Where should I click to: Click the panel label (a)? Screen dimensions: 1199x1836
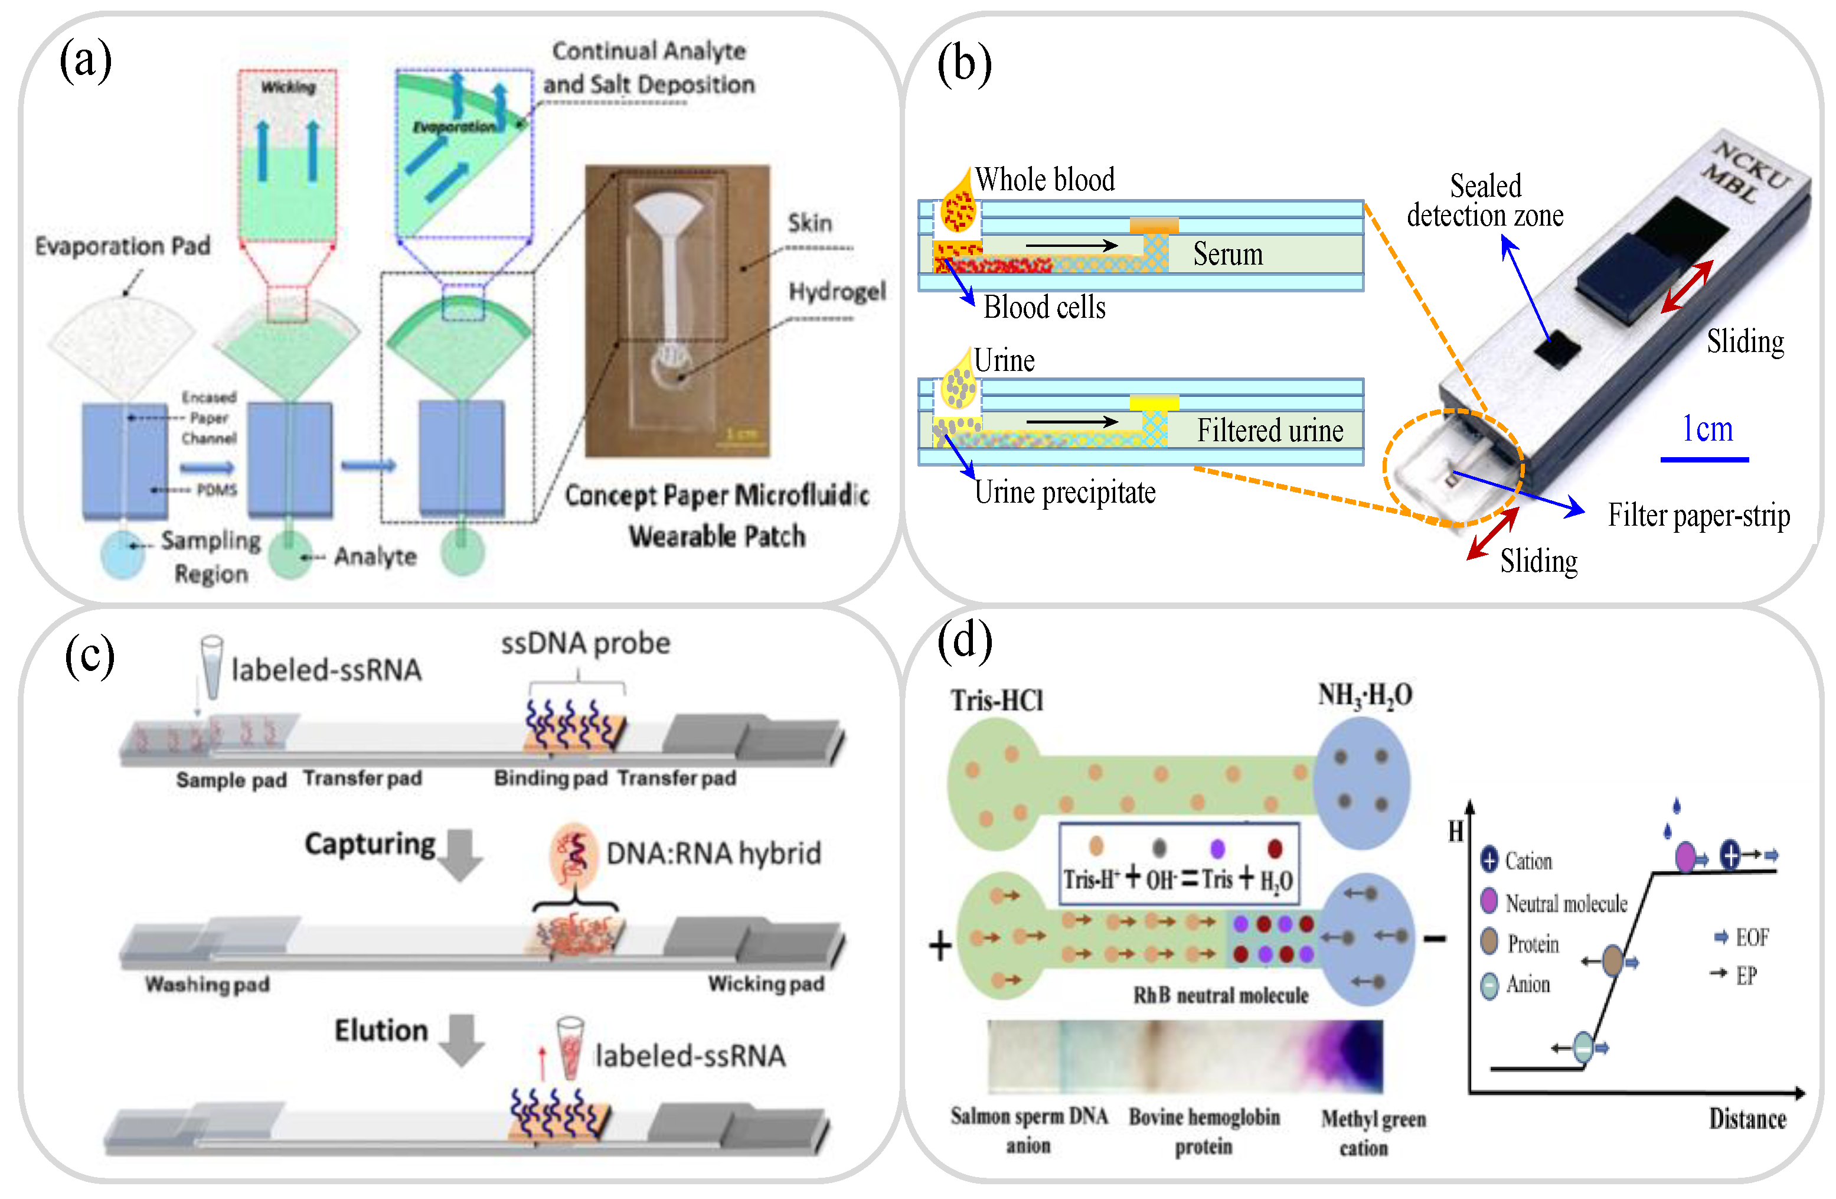tap(86, 62)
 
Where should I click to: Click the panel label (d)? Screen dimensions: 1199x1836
tap(963, 640)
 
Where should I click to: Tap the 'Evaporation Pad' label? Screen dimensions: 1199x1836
tap(123, 246)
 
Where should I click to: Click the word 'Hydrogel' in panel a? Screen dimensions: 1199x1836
tap(836, 292)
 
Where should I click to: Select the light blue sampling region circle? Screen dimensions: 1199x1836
tap(123, 553)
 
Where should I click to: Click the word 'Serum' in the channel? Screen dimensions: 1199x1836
tap(1227, 254)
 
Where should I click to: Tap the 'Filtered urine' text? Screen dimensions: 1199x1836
tap(1269, 431)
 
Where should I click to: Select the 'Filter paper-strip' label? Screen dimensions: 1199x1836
tap(1698, 516)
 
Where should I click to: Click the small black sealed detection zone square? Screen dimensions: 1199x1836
tap(1557, 350)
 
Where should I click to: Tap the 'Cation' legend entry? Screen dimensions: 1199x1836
tap(1527, 861)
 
